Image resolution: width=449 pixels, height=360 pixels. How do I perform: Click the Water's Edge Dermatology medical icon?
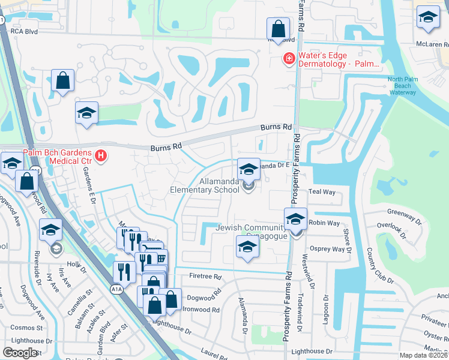pos(289,58)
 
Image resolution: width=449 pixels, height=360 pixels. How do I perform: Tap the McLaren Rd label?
pos(432,44)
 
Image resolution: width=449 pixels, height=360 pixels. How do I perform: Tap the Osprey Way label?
pos(327,249)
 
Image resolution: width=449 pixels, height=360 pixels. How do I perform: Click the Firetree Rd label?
pos(206,277)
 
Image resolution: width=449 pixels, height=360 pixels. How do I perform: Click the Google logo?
pos(20,353)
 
